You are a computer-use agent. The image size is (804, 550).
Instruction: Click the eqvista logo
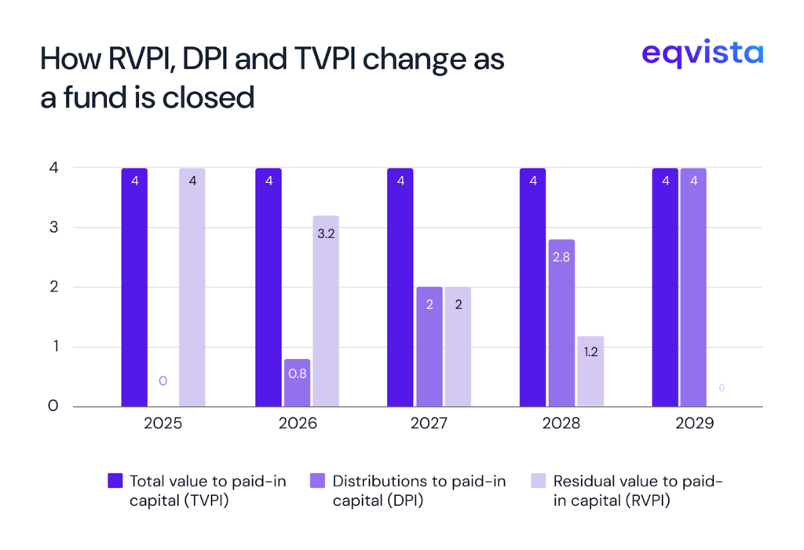(701, 54)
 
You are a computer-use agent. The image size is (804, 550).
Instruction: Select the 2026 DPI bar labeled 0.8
(297, 383)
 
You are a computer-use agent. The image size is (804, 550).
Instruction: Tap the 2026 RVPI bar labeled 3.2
(326, 311)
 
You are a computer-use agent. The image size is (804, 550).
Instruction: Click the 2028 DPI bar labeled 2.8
(561, 323)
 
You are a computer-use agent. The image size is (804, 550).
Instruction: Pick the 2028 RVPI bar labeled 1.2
(590, 371)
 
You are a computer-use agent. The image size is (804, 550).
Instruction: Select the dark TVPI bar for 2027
(400, 288)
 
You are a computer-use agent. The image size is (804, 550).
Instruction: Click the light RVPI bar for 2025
(192, 288)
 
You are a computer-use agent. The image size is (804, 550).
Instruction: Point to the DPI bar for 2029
(693, 288)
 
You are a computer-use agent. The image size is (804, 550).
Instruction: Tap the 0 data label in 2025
(163, 381)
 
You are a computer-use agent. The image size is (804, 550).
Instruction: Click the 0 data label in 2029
(722, 388)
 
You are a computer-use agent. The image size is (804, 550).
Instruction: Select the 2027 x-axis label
(429, 424)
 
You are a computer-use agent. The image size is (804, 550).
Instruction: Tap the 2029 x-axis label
(693, 424)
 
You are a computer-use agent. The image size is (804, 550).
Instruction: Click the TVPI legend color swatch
(115, 481)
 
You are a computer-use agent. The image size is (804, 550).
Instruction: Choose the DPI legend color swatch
(319, 481)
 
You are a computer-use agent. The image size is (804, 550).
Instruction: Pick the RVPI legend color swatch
(539, 481)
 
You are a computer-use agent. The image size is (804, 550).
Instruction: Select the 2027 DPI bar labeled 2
(429, 346)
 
